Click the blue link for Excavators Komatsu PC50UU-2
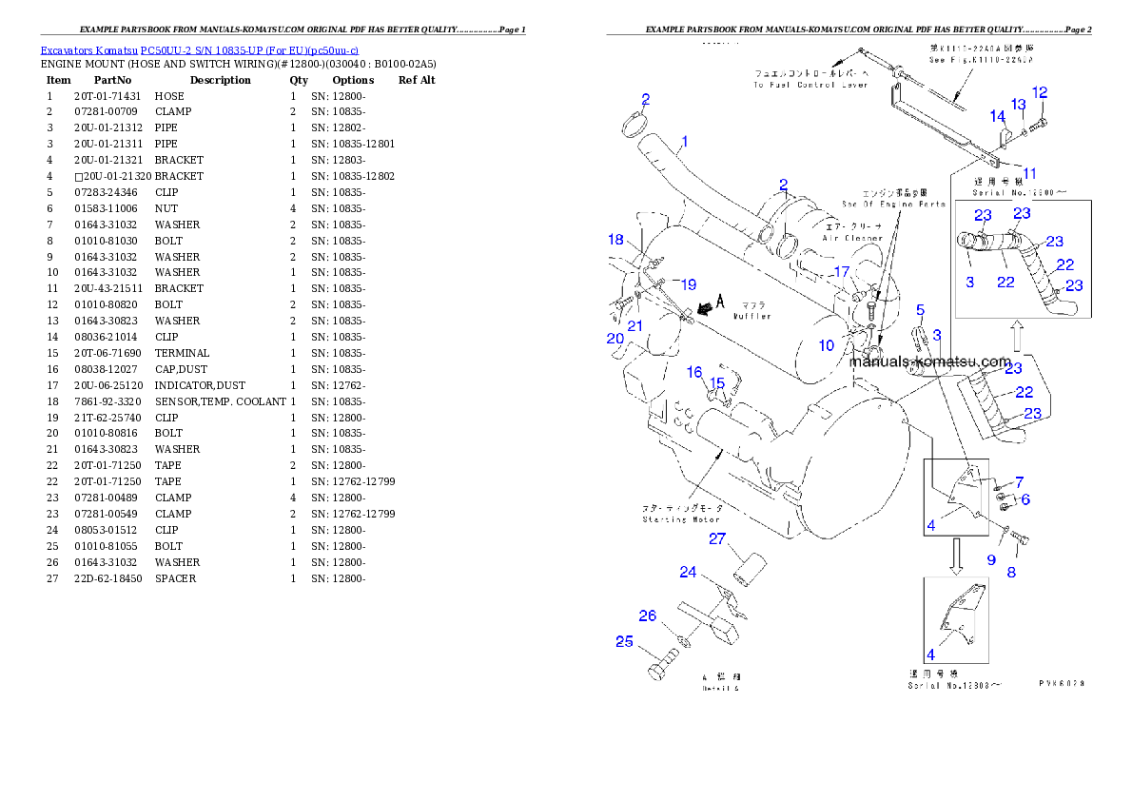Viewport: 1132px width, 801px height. (199, 50)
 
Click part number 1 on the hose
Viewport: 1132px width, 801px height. (684, 142)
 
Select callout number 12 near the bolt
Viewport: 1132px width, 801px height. (1039, 93)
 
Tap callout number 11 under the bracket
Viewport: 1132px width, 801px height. (1030, 173)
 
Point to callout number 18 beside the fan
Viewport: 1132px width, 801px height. (616, 240)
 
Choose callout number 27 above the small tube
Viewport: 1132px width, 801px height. (717, 540)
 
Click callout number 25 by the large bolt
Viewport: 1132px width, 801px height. (624, 642)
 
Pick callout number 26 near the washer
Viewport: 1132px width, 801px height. (648, 616)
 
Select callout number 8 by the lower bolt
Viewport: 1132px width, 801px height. (1011, 573)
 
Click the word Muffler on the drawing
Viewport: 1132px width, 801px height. (751, 316)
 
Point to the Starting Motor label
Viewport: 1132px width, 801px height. (682, 519)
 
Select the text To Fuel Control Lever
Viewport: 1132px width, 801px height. (810, 85)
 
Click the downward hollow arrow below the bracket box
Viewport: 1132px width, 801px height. (958, 557)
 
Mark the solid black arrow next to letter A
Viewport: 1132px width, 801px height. (703, 308)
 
